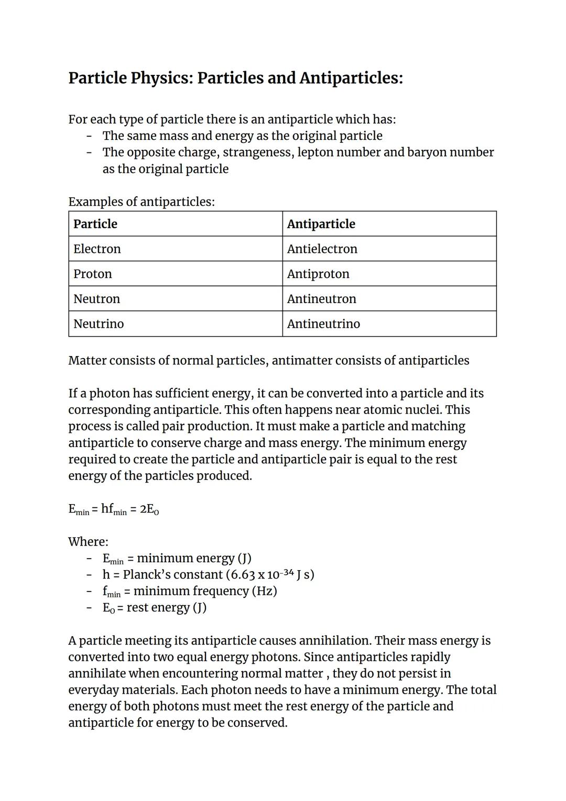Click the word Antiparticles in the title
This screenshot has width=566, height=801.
click(x=351, y=78)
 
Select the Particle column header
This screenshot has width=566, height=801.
click(x=95, y=224)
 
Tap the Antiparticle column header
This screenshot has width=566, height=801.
click(x=321, y=224)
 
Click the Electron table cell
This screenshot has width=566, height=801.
click(x=97, y=249)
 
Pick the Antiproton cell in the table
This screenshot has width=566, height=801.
click(x=318, y=274)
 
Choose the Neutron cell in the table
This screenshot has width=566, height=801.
click(x=96, y=299)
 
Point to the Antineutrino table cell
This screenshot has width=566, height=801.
click(x=323, y=324)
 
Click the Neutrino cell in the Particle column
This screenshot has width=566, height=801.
click(x=99, y=324)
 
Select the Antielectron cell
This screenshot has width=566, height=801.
click(x=322, y=249)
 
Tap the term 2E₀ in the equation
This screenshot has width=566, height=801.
click(x=149, y=509)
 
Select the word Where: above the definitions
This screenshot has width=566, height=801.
click(x=88, y=542)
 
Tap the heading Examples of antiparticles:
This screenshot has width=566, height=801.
click(x=141, y=202)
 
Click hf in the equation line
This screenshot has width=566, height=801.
click(x=107, y=509)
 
